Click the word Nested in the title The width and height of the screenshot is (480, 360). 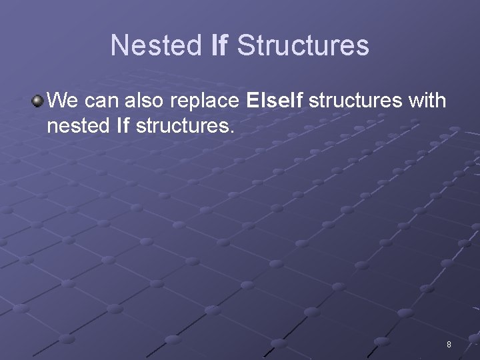pyautogui.click(x=155, y=46)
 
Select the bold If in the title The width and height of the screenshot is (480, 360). pyautogui.click(x=219, y=46)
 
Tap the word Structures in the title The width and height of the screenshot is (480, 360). pyautogui.click(x=303, y=46)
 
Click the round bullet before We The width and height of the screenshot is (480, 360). pyautogui.click(x=37, y=102)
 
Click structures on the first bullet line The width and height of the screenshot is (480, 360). pyautogui.click(x=355, y=102)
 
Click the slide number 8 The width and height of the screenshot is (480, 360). pyautogui.click(x=449, y=345)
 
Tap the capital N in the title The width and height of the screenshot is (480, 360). pyautogui.click(x=119, y=46)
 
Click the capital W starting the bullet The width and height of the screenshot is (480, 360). pyautogui.click(x=57, y=102)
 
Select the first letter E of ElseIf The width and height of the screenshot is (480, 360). pyautogui.click(x=251, y=102)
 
